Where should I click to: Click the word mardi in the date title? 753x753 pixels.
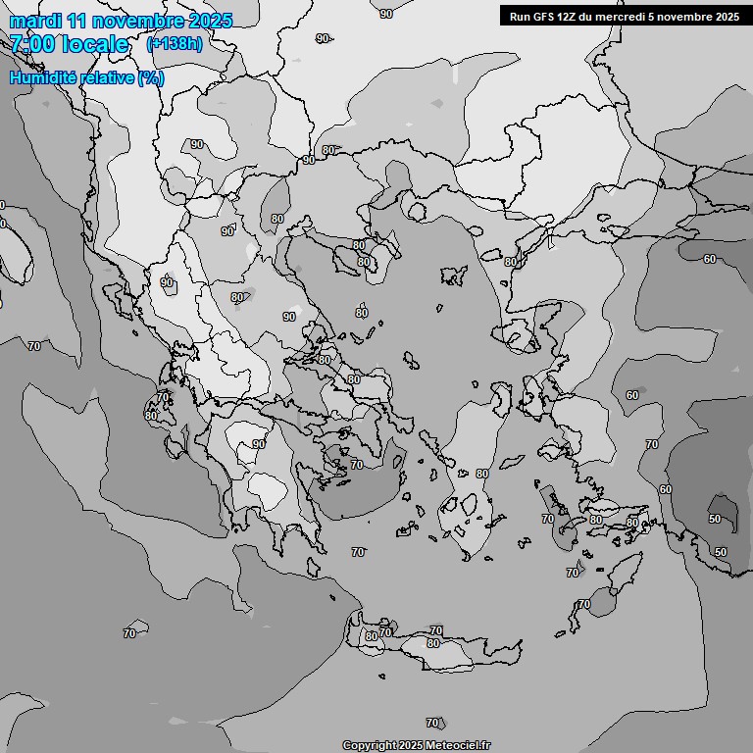pos(32,21)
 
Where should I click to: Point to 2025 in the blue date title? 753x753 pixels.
pos(212,21)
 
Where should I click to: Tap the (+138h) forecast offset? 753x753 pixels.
pos(174,44)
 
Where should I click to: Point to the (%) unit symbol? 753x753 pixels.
pos(151,77)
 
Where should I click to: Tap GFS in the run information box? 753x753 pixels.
pos(546,16)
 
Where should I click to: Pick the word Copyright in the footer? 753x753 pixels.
pos(369,746)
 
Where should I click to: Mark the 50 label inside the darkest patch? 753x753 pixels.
pos(715,519)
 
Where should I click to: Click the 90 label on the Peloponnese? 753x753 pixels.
pos(259,444)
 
